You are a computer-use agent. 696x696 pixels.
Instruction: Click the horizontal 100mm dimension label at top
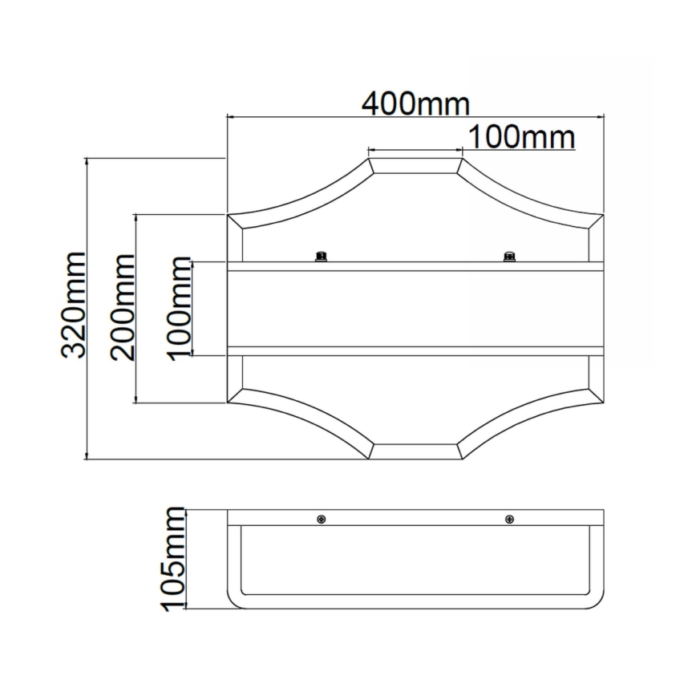click(x=521, y=137)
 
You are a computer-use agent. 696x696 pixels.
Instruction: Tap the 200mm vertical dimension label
click(x=123, y=307)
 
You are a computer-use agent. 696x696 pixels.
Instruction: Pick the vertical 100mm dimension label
click(x=180, y=307)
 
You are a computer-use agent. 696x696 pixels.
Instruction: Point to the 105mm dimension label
click(x=172, y=559)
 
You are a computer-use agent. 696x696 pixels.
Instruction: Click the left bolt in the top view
click(x=322, y=256)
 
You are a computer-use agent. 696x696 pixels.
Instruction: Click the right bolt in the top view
click(x=508, y=256)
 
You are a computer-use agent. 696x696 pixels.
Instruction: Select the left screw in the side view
click(x=322, y=519)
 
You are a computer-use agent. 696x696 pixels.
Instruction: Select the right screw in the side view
click(x=508, y=519)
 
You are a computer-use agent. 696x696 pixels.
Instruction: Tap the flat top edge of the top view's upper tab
click(x=415, y=159)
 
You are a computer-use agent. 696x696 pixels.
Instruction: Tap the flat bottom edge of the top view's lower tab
click(x=415, y=459)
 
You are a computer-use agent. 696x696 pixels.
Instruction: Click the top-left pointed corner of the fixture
click(x=229, y=215)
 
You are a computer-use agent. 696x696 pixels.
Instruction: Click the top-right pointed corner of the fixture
click(x=601, y=215)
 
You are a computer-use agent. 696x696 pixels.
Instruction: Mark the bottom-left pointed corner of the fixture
click(x=229, y=403)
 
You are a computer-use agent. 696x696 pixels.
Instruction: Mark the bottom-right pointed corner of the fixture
click(x=601, y=403)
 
